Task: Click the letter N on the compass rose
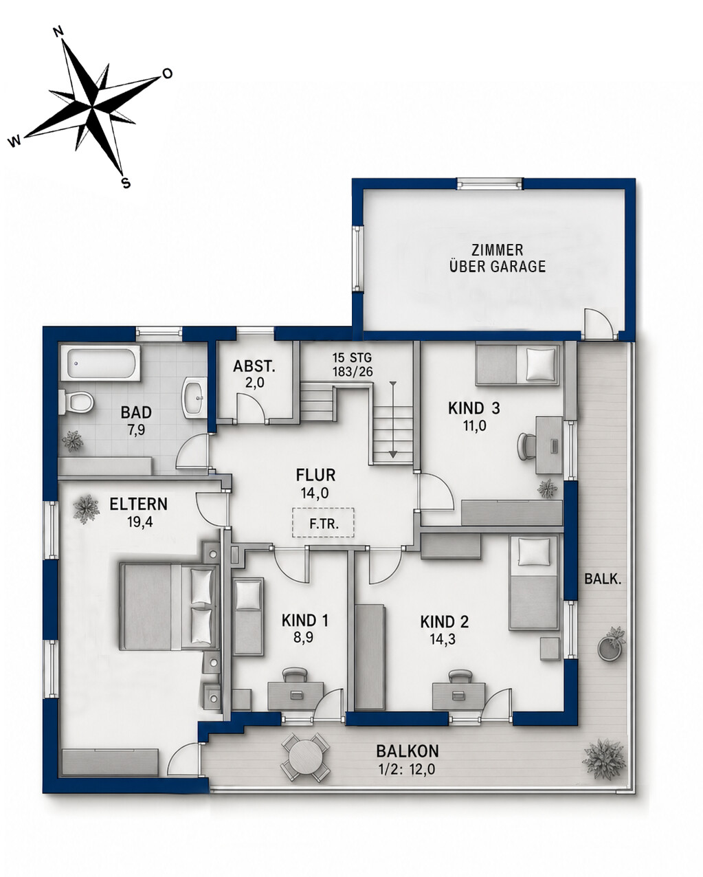60,32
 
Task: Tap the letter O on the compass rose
167,74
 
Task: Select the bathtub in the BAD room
100,364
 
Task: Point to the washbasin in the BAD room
194,397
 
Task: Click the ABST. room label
254,366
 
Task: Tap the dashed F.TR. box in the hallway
323,522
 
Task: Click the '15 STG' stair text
352,358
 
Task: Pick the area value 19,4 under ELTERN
140,522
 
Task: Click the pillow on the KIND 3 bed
541,364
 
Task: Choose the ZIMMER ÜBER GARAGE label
498,258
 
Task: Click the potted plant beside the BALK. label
612,644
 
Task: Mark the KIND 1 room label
304,621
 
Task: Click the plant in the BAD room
73,441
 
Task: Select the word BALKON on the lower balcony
407,751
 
